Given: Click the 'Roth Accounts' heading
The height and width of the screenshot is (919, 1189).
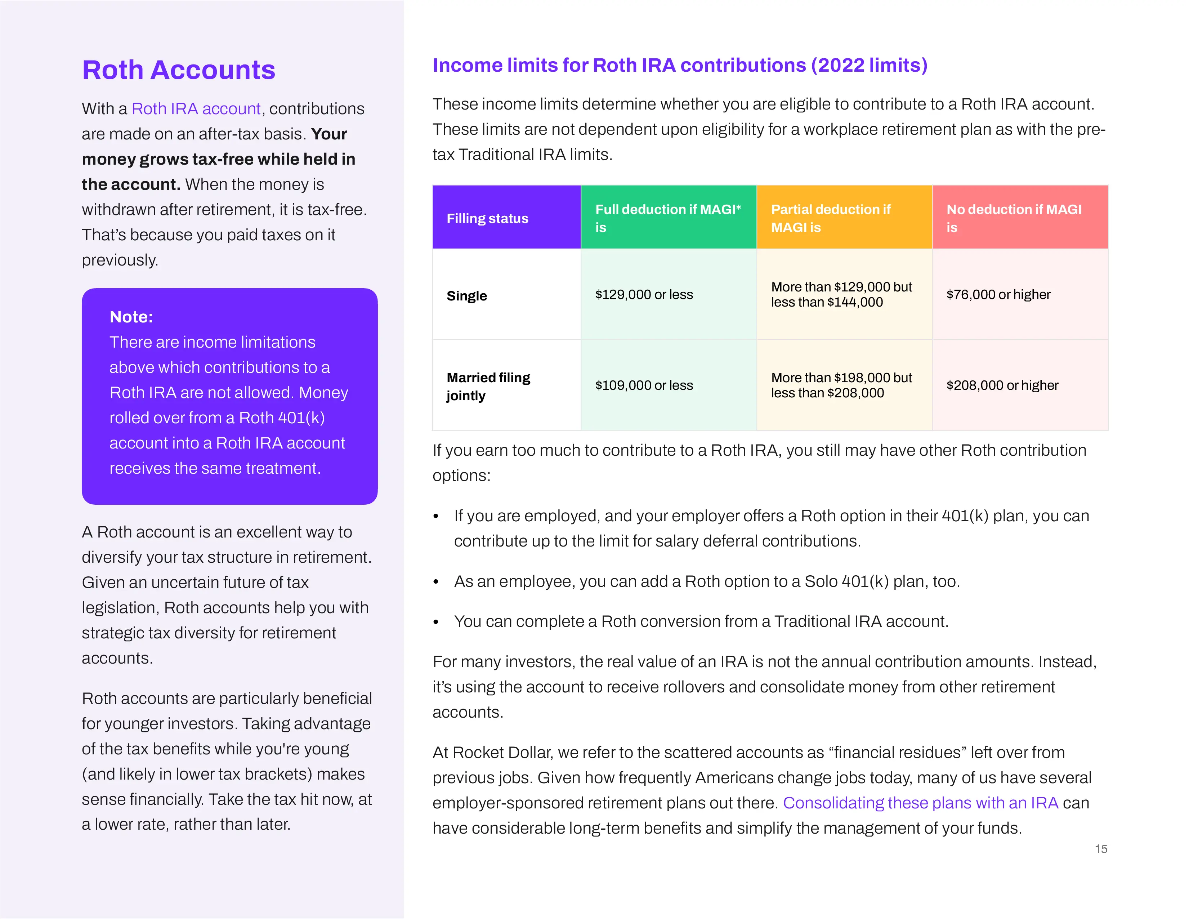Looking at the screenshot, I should coord(179,70).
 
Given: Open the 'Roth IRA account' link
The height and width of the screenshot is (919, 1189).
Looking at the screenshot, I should coord(196,109).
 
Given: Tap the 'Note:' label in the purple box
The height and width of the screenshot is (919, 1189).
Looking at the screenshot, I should coord(131,317).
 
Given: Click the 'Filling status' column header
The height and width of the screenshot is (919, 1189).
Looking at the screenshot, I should coord(487,218).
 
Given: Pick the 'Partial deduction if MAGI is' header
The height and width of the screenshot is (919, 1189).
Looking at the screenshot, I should coord(830,218).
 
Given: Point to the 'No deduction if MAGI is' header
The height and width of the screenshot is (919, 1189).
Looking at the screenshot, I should coord(1013,218).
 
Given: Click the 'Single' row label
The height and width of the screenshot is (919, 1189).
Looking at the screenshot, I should coord(466,296).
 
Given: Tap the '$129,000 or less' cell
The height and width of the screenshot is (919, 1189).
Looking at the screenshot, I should coord(644,295).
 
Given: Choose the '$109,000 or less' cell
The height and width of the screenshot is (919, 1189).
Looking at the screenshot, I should coord(644,385).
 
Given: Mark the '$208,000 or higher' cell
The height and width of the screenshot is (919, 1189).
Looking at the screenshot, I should coord(1002,385).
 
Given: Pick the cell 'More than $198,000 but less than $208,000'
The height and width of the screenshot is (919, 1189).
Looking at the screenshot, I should coord(841,385).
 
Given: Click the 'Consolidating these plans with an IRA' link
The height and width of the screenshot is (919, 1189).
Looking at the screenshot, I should coord(920,803).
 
